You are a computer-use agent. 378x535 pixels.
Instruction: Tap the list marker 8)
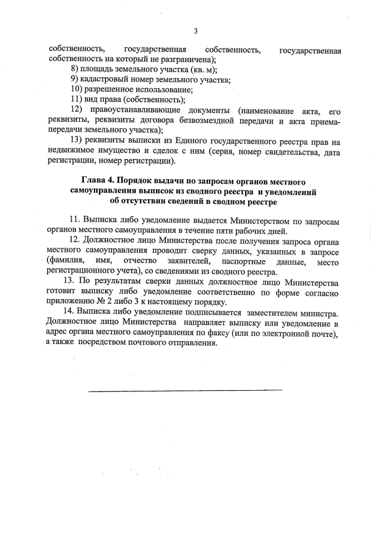click(x=74, y=69)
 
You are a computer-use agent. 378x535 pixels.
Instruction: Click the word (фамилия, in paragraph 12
click(x=64, y=261)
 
